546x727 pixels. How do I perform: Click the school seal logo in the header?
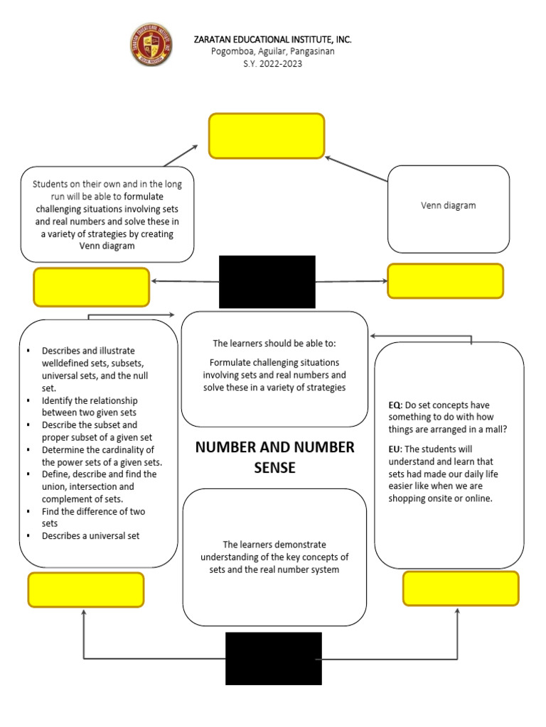[x=151, y=45]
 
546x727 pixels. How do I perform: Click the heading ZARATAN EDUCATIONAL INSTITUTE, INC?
[x=273, y=39]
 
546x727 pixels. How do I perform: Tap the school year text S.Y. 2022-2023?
[x=273, y=63]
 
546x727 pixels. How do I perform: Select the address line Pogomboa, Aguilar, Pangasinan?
[x=273, y=51]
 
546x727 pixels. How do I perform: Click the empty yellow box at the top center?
[x=267, y=136]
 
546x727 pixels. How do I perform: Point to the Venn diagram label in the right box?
[x=448, y=205]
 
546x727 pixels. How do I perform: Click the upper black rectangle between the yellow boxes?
[x=267, y=281]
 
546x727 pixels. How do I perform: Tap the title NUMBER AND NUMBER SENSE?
[x=274, y=457]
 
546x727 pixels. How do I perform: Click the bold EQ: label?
[x=395, y=405]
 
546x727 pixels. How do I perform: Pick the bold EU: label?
[x=395, y=449]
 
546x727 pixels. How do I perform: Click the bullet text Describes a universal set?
[x=91, y=535]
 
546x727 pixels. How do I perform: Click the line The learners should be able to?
[x=274, y=344]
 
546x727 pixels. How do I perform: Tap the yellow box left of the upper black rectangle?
[x=92, y=286]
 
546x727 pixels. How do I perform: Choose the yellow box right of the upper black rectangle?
[x=445, y=280]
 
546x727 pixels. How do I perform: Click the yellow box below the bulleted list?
[x=86, y=589]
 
